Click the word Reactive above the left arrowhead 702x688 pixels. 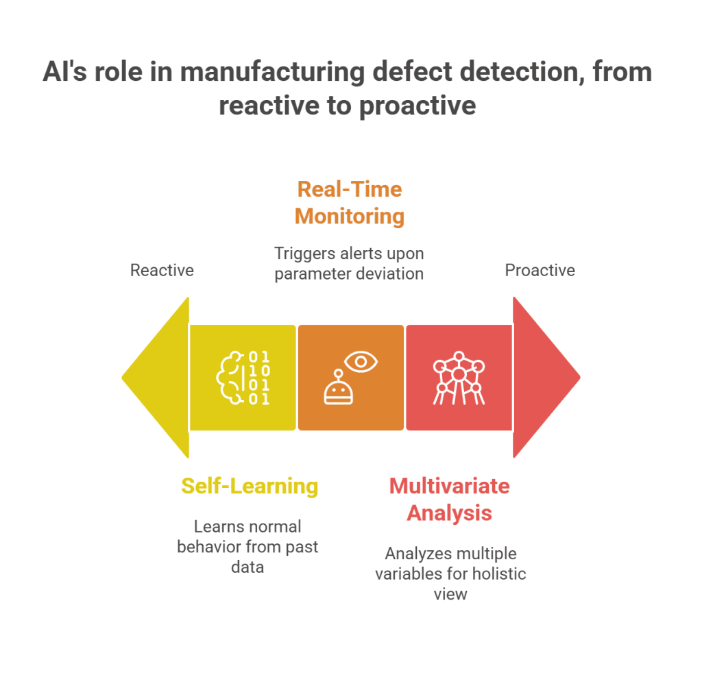(162, 270)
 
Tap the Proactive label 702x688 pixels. (540, 270)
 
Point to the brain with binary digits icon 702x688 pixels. (243, 377)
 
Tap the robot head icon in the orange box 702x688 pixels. (338, 389)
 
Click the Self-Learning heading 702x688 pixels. (250, 486)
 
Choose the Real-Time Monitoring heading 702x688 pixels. (350, 202)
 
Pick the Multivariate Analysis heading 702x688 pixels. (450, 499)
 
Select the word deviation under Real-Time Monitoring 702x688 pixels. (391, 273)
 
